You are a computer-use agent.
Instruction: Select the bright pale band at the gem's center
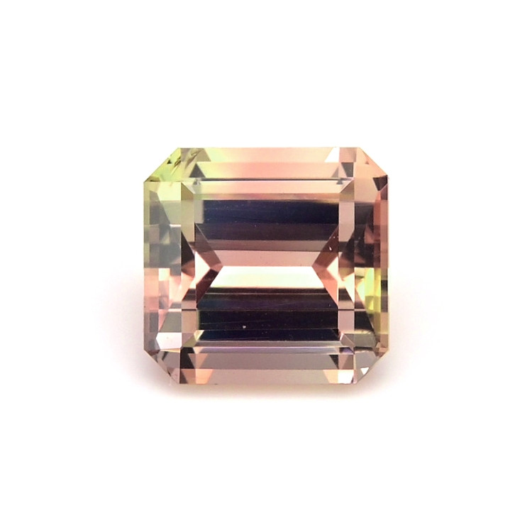pos(266,277)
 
